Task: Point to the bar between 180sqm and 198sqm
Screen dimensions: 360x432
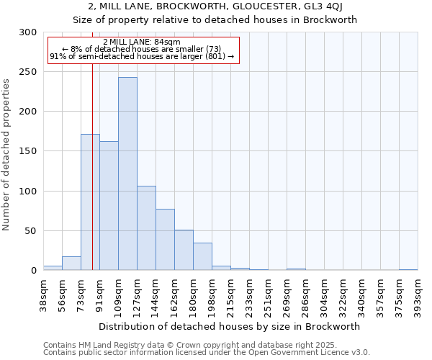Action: pos(202,256)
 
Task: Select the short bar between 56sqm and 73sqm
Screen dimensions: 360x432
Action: pos(71,264)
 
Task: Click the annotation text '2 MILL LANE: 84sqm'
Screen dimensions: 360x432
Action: pos(142,42)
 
